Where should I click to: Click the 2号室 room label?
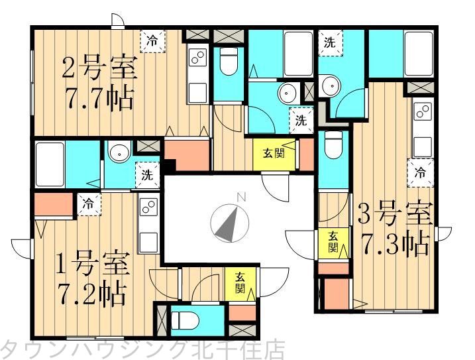click(x=99, y=69)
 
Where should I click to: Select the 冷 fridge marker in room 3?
click(x=419, y=172)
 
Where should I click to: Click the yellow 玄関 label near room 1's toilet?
click(x=240, y=283)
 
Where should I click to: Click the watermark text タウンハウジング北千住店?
click(x=142, y=349)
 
